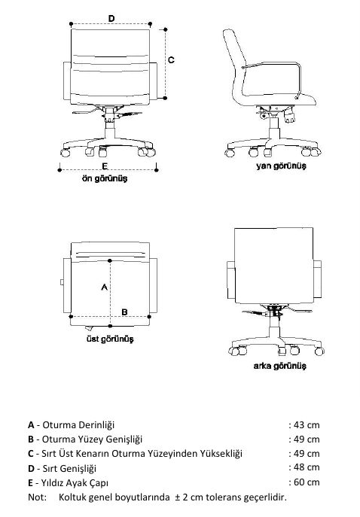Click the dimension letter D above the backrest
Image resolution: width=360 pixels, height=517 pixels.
coord(111,19)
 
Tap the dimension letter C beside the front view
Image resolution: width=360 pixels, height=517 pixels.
coord(171,60)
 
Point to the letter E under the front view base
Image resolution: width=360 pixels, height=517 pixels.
coord(105,166)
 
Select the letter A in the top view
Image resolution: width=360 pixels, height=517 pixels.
coord(104,287)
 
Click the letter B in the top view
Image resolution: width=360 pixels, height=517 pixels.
coord(124,312)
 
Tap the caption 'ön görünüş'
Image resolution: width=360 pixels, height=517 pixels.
coord(104,178)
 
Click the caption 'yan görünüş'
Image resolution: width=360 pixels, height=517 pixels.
coord(281,166)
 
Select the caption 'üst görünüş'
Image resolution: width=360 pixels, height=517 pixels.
coord(110,339)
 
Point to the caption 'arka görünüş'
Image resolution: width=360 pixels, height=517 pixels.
coord(280,366)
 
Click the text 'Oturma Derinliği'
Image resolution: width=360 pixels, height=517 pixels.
coord(78,424)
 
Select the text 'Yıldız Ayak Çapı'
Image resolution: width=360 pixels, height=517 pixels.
coord(75,483)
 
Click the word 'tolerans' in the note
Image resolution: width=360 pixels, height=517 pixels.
coord(224,497)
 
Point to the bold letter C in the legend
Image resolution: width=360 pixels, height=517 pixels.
coord(31,454)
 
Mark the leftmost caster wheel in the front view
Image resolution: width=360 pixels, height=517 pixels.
coord(66,152)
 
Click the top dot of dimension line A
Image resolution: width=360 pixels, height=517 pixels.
coord(110,261)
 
